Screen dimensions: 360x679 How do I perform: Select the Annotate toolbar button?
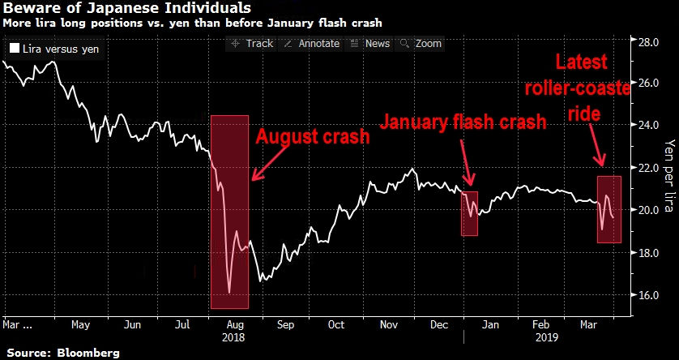[x=312, y=44]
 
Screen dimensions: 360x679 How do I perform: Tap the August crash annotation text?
[x=313, y=136]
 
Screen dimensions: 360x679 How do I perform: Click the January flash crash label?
[x=462, y=122]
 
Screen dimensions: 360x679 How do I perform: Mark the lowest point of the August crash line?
[x=229, y=293]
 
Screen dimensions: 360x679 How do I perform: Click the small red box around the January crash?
[x=470, y=213]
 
